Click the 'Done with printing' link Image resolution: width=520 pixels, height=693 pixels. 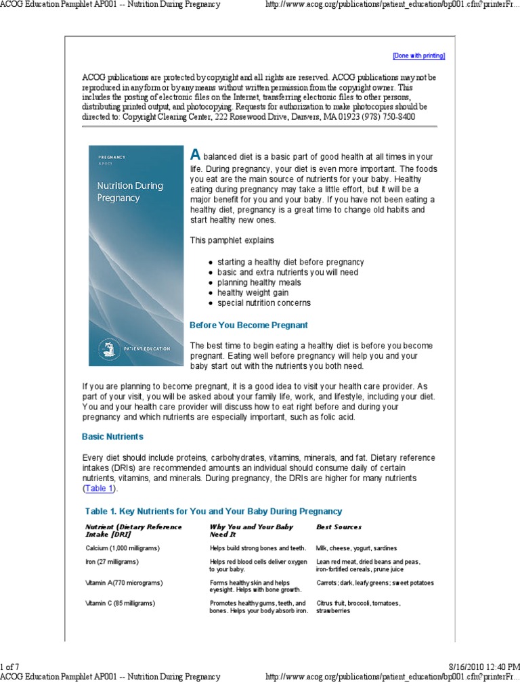[418, 55]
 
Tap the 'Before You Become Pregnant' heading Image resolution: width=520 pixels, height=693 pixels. [248, 325]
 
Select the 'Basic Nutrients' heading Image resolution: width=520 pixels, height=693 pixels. [112, 437]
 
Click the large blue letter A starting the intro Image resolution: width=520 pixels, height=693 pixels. [195, 155]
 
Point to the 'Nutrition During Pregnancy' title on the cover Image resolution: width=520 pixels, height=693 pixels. [118, 191]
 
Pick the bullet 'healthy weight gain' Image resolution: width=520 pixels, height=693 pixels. [253, 293]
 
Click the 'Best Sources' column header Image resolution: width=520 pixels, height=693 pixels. [339, 527]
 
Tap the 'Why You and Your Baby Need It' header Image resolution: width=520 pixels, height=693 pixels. [251, 530]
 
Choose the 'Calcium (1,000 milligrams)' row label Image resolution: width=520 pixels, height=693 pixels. [123, 547]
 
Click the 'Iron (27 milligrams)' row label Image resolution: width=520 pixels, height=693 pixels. [112, 562]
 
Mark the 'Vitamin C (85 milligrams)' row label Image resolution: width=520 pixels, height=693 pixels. [120, 603]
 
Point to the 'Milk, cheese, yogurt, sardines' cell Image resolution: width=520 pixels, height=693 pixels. [357, 547]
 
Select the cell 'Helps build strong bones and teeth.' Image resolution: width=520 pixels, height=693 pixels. [258, 547]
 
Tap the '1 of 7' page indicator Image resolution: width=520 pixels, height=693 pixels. [10, 667]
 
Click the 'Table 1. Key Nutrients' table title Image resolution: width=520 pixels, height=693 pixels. [213, 511]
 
